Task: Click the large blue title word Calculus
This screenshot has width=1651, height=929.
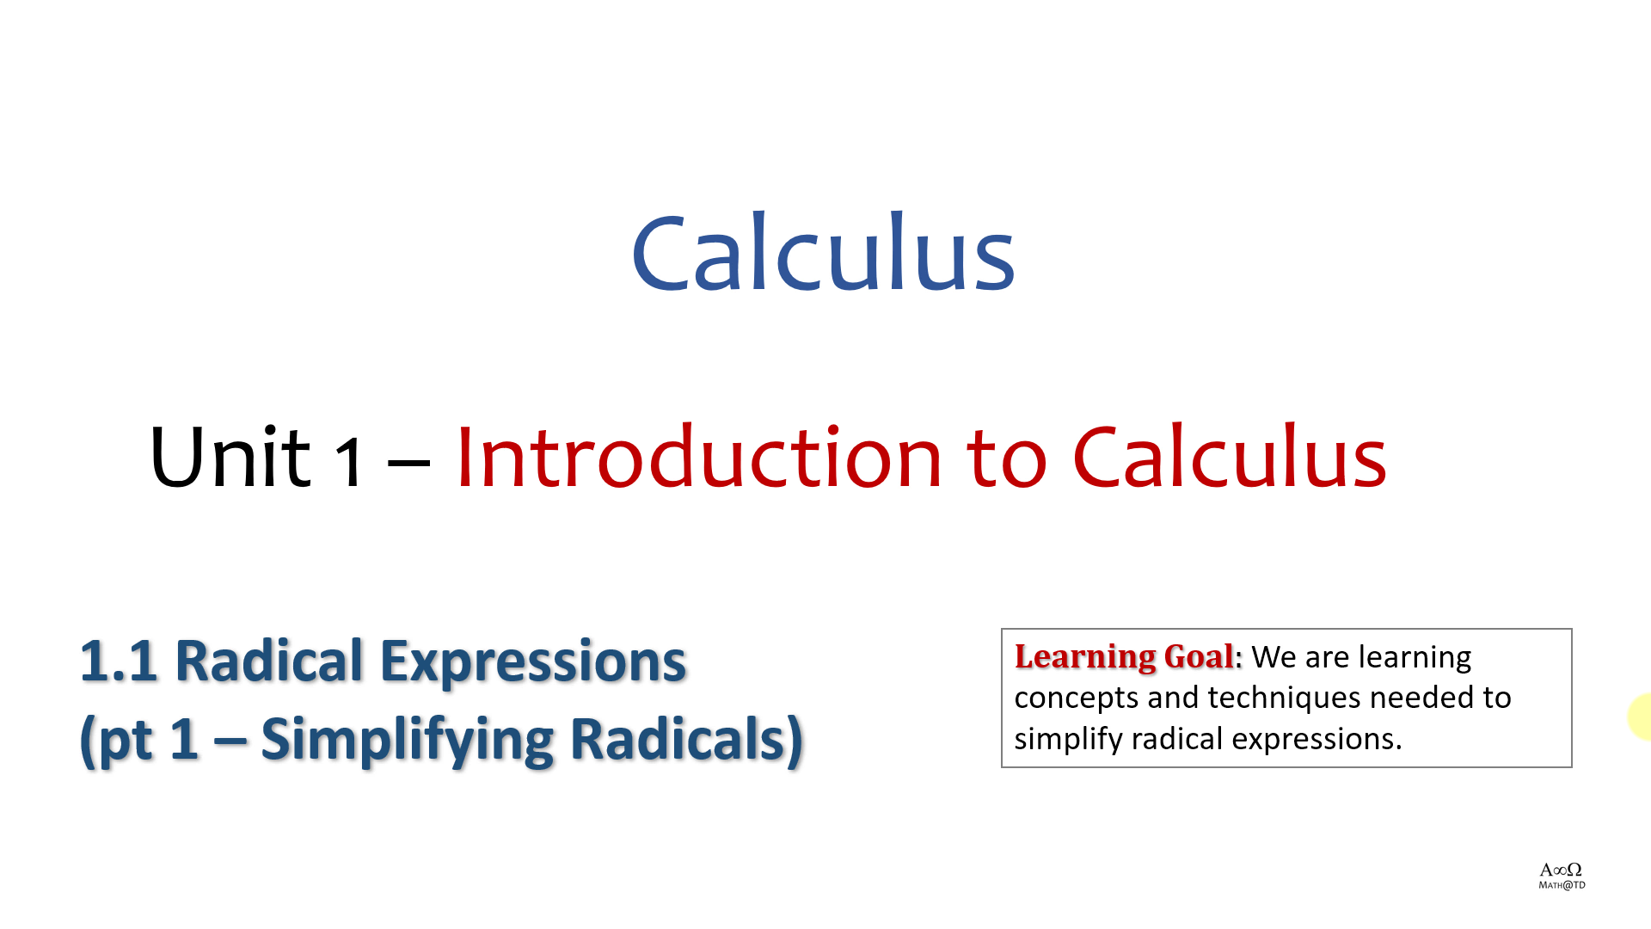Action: click(824, 252)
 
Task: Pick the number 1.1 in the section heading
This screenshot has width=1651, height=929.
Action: click(119, 661)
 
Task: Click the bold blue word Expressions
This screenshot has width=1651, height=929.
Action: click(533, 662)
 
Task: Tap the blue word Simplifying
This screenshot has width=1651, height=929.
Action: click(407, 740)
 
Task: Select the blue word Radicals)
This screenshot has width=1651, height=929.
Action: click(686, 739)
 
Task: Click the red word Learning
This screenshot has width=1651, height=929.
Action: click(1085, 657)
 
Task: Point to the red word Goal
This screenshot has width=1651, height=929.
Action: click(1199, 656)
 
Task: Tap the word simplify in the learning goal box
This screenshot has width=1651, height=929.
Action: click(1069, 739)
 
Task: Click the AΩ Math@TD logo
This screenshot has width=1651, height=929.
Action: click(1562, 876)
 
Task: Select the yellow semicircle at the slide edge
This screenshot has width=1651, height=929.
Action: click(1640, 716)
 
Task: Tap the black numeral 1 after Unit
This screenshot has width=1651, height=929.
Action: click(348, 462)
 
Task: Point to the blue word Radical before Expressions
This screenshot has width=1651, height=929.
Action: click(269, 661)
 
